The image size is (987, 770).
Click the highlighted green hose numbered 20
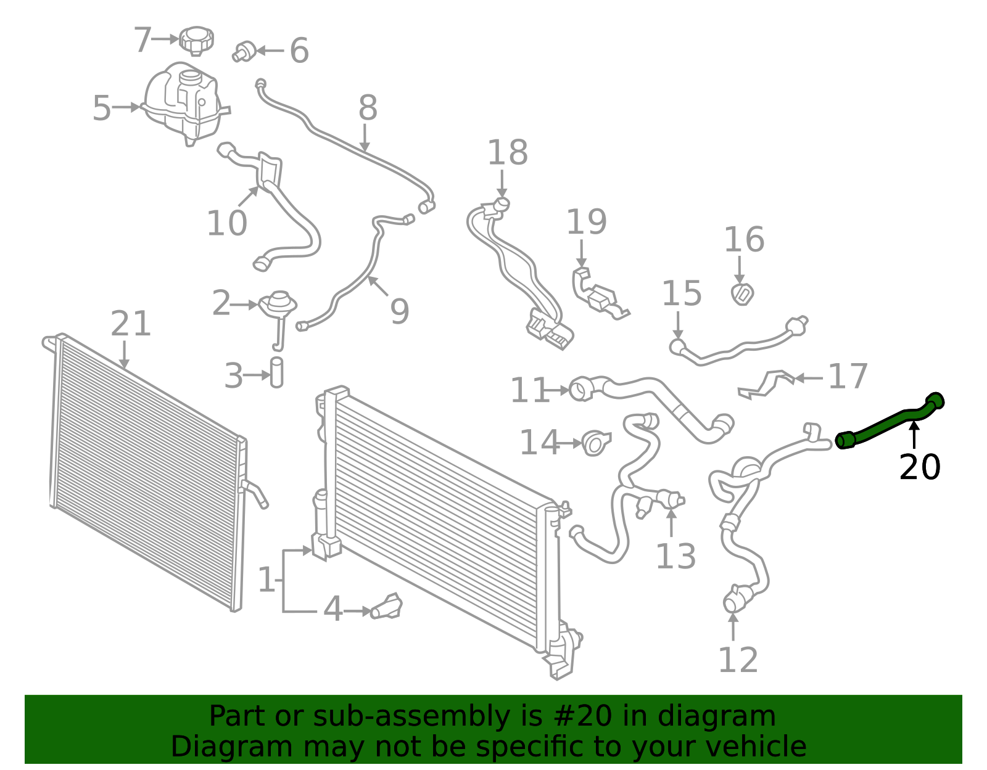point(890,420)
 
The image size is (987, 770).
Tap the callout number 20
point(920,467)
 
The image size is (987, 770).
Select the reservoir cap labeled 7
point(196,41)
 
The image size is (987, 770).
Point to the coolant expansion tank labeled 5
point(184,104)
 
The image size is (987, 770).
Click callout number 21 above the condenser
point(131,324)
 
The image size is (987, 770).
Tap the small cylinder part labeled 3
point(276,372)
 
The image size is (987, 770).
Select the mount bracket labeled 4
point(387,607)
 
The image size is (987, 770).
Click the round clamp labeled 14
point(597,443)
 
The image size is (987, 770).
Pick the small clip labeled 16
point(742,294)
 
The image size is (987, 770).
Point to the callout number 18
point(508,152)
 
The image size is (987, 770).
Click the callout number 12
point(738,660)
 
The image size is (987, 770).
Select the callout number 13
point(676,556)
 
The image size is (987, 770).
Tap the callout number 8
point(368,108)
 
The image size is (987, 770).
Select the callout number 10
point(227,223)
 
